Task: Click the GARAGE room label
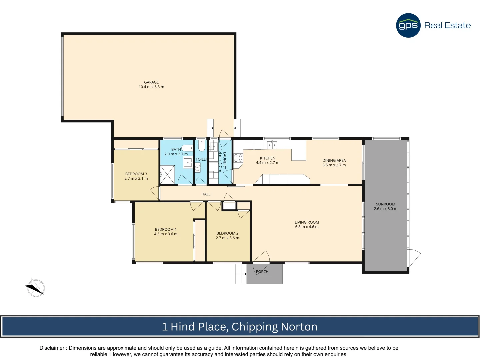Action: point(151,82)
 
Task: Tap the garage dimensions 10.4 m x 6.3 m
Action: point(151,87)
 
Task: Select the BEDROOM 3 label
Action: point(136,174)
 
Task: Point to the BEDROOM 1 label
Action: point(166,229)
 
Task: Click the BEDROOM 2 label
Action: point(227,233)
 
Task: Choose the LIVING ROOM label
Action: point(307,222)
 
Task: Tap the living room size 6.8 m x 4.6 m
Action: point(307,227)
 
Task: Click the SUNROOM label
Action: point(385,204)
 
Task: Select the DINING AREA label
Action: point(334,160)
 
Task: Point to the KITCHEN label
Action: point(268,158)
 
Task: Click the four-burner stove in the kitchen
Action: point(238,158)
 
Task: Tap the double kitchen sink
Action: point(272,145)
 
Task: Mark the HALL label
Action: point(206,194)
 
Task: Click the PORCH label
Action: point(262,272)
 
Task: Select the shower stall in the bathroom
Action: point(167,175)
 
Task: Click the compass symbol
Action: point(35,287)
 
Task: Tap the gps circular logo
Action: point(408,25)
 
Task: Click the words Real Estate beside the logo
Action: point(447,25)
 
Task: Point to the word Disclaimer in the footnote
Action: point(52,348)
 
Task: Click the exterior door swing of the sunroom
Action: point(414,257)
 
